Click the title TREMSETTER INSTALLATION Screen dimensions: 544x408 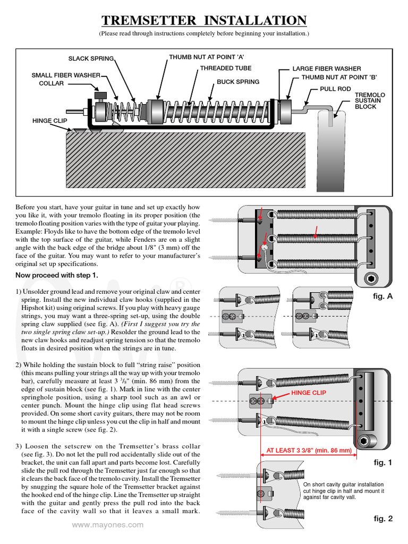[x=204, y=21]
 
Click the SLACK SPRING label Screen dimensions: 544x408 [x=91, y=58]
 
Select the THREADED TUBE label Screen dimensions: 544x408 [x=225, y=69]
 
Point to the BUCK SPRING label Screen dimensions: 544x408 [x=238, y=82]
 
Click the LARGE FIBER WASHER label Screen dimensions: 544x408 [x=327, y=69]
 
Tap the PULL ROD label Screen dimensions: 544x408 [x=335, y=89]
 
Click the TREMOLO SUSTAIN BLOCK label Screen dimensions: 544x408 [x=370, y=101]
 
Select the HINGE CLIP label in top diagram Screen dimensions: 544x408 [x=50, y=121]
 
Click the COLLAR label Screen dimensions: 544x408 [x=52, y=83]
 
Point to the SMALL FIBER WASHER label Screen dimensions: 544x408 [x=66, y=75]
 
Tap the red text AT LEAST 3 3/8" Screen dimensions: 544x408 [x=309, y=450]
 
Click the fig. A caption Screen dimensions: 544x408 [x=382, y=296]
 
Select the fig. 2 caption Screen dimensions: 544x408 [x=382, y=518]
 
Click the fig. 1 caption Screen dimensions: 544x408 [x=382, y=463]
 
